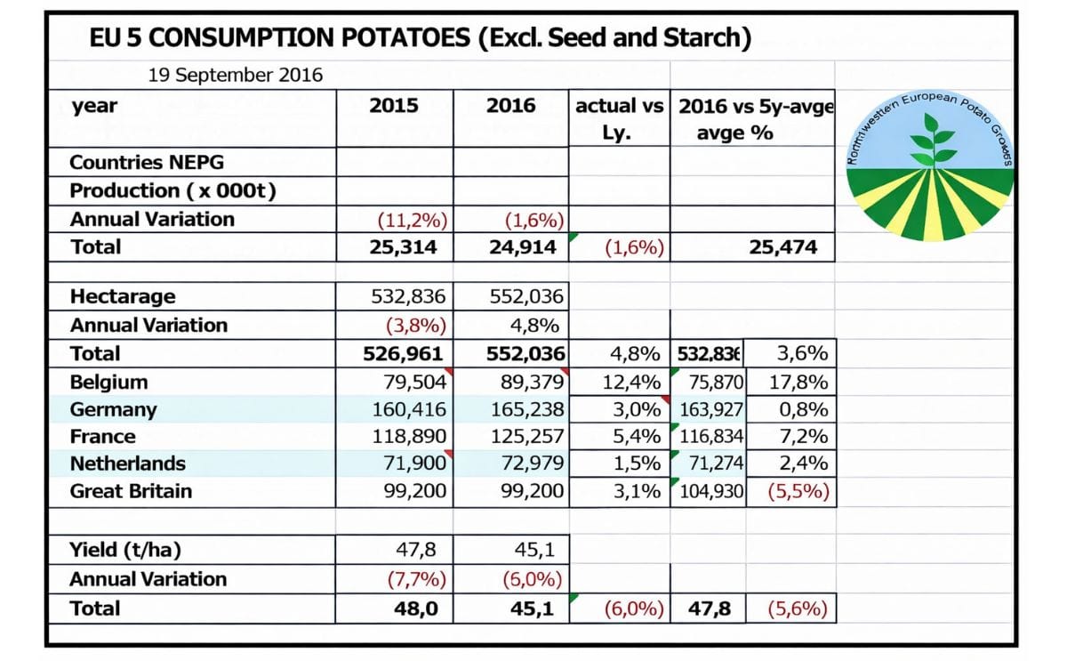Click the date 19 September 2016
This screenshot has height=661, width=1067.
(236, 75)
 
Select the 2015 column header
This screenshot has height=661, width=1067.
(394, 106)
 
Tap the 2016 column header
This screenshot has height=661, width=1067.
(510, 106)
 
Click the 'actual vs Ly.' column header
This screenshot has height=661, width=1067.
(619, 119)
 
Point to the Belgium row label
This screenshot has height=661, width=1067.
(108, 382)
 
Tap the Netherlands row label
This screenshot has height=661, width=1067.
(127, 464)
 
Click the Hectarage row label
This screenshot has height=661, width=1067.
(123, 296)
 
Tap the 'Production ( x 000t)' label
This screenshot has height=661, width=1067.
(172, 190)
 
